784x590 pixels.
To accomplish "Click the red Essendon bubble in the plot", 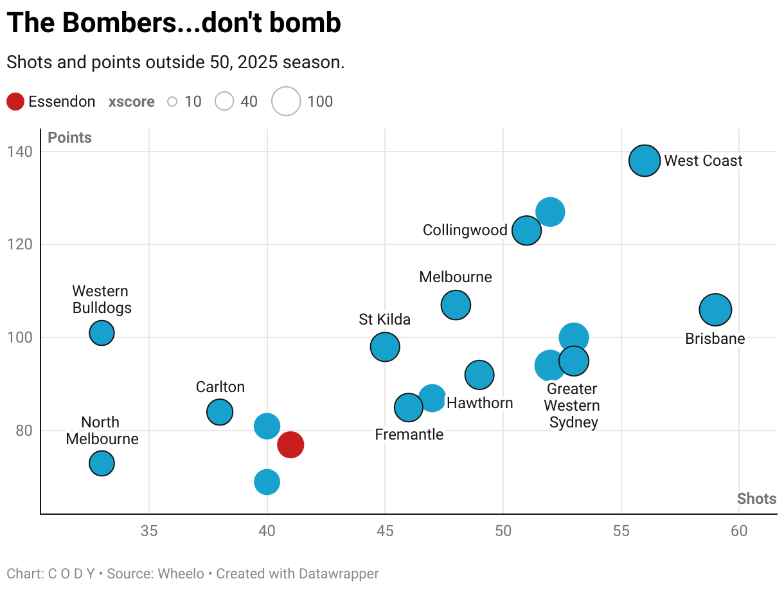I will tap(290, 445).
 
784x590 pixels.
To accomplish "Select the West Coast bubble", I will tap(645, 161).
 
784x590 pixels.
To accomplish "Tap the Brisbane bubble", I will tap(715, 310).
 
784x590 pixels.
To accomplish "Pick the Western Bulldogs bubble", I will tap(102, 333).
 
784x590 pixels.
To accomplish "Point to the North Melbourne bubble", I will tap(102, 463).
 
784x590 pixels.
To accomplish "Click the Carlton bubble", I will tap(220, 412).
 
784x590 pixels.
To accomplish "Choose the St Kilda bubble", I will tap(385, 347).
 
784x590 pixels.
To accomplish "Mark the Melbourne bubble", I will tap(456, 305).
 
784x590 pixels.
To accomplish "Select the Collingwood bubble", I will tap(527, 230).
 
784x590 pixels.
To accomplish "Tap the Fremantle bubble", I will tap(409, 407).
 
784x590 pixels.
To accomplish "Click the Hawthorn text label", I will tap(479, 403).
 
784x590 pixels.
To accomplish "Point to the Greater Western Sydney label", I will tap(572, 406).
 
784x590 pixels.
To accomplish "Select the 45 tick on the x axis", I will tap(385, 532).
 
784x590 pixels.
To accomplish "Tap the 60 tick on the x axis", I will tap(739, 532).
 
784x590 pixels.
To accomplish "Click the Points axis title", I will tap(69, 138).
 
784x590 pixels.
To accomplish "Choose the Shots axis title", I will tap(756, 499).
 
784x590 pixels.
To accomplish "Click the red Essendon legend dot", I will tap(15, 102).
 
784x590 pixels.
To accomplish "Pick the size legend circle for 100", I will tap(286, 102).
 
